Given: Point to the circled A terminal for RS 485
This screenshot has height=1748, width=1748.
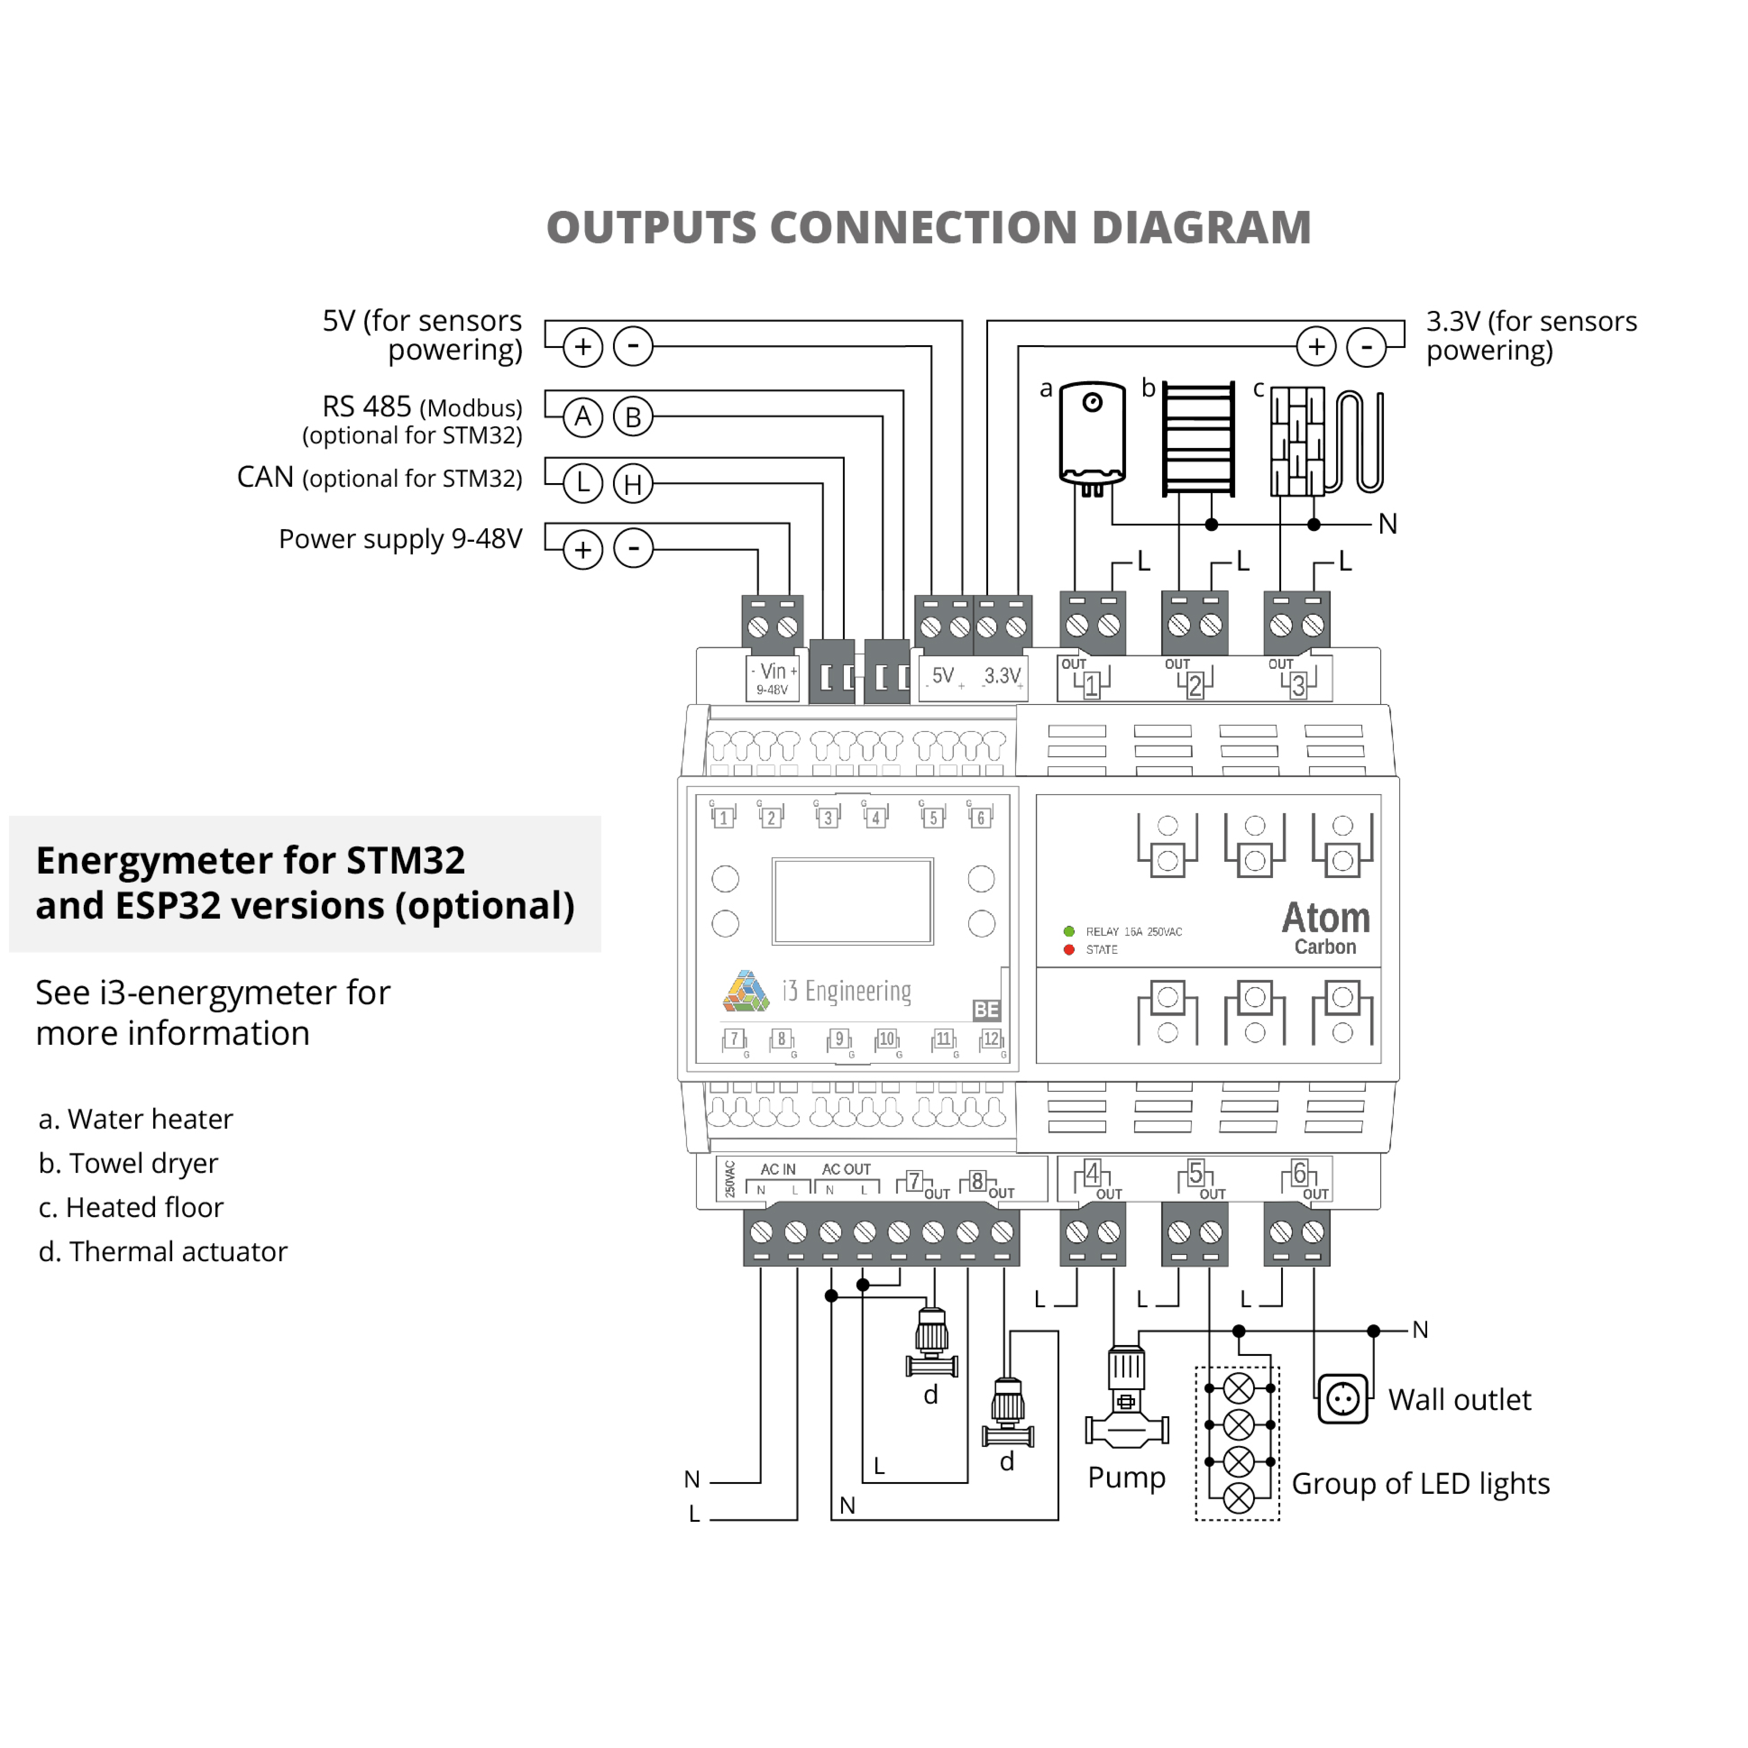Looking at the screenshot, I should click(x=583, y=417).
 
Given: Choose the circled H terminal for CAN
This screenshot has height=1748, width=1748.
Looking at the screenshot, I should click(x=633, y=484).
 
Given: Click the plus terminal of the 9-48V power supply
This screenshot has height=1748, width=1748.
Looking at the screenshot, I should click(x=583, y=549).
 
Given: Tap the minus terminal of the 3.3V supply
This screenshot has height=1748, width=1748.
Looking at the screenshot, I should click(x=1366, y=346).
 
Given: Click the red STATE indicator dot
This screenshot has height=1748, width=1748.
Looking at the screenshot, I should click(x=1069, y=949).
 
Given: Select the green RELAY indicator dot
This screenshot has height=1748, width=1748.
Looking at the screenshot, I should click(x=1069, y=931).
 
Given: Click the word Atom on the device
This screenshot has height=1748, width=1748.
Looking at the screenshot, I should click(x=1326, y=919).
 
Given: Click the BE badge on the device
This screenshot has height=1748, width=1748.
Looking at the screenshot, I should click(x=986, y=1010).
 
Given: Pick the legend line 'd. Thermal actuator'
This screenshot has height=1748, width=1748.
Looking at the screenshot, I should click(x=163, y=1251).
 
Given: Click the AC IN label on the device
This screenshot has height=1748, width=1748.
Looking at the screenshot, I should click(x=778, y=1169).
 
